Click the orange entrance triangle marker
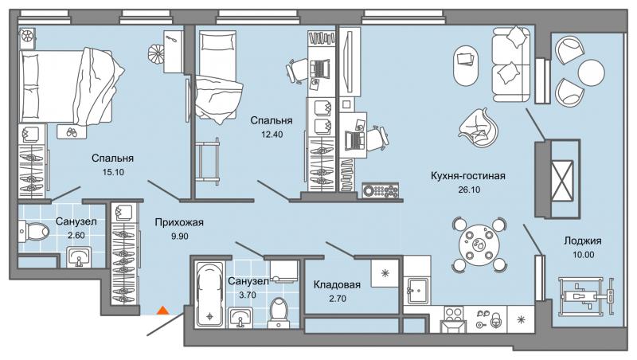click(163, 311)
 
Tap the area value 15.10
click(113, 172)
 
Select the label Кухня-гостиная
click(468, 176)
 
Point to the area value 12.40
click(272, 135)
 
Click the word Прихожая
click(179, 223)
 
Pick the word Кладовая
click(337, 285)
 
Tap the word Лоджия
click(583, 241)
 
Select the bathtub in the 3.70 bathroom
click(209, 294)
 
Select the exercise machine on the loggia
click(586, 295)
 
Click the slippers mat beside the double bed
click(72, 131)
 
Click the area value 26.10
click(469, 190)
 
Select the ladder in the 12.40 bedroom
click(207, 162)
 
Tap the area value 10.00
click(583, 255)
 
